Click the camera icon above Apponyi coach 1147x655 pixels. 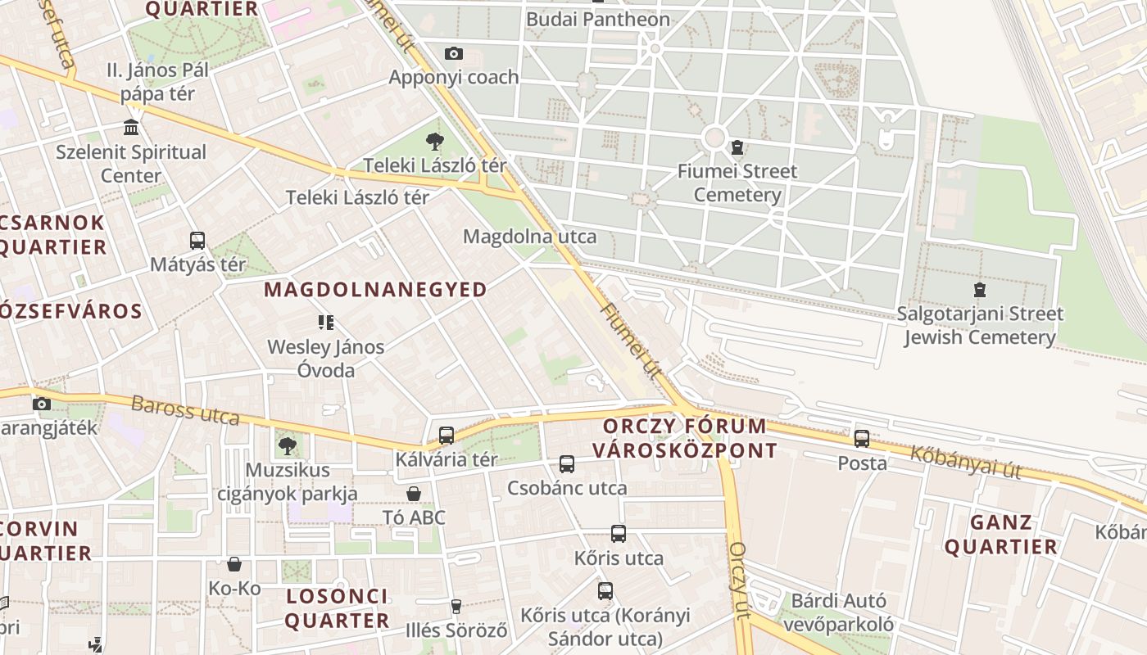click(453, 54)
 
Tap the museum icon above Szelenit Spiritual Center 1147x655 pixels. click(131, 128)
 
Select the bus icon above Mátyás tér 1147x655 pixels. click(197, 241)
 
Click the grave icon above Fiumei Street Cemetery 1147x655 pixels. click(737, 147)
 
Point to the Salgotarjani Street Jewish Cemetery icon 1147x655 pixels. click(979, 290)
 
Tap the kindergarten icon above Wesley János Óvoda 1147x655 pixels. click(326, 323)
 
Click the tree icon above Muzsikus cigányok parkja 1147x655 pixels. click(287, 446)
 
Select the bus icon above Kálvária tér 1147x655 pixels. click(447, 436)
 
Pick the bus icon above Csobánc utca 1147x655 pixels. click(567, 464)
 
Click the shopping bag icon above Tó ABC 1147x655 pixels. click(414, 494)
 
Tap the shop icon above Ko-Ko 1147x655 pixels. click(234, 564)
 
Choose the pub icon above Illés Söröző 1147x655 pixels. click(456, 607)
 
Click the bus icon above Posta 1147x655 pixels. click(862, 439)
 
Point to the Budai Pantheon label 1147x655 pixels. click(598, 19)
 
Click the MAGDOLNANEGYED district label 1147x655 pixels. click(375, 289)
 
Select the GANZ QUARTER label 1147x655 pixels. click(1001, 535)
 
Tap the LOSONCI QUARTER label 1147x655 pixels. click(337, 608)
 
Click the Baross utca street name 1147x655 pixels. click(185, 411)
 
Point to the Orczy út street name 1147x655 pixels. click(739, 580)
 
